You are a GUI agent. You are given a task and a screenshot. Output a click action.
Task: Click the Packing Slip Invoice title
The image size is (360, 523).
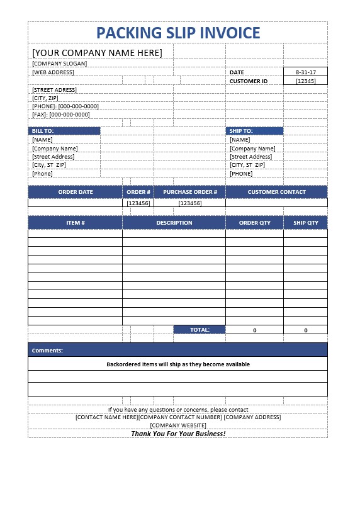click(177, 33)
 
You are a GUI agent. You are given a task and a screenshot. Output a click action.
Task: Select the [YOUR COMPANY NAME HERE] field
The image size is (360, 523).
click(97, 52)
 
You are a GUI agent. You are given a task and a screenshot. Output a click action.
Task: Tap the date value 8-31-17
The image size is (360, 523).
click(305, 72)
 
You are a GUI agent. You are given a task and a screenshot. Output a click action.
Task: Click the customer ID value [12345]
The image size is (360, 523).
click(305, 81)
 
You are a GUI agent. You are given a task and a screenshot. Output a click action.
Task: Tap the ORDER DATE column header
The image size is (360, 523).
click(76, 192)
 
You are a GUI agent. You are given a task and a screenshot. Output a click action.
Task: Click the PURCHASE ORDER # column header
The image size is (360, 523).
click(189, 192)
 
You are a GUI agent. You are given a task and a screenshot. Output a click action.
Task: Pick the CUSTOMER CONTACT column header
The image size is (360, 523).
click(276, 192)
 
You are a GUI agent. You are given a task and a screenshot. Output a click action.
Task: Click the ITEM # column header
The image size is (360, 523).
click(76, 223)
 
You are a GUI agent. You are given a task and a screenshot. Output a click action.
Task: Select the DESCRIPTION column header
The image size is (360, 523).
click(174, 223)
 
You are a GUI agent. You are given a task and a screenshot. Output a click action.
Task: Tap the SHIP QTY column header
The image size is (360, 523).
click(305, 223)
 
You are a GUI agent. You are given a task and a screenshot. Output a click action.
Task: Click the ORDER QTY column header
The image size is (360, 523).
click(254, 223)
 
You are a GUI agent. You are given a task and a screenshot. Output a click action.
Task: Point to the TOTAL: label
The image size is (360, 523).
click(199, 330)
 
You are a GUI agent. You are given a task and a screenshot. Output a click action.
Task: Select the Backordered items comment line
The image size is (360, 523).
click(177, 364)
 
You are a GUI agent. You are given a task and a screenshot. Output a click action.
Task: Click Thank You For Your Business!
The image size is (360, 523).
click(177, 434)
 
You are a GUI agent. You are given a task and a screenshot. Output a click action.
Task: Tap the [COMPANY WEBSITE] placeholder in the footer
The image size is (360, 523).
click(177, 425)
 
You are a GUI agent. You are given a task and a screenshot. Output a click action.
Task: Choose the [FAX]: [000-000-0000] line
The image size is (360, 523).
click(61, 115)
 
